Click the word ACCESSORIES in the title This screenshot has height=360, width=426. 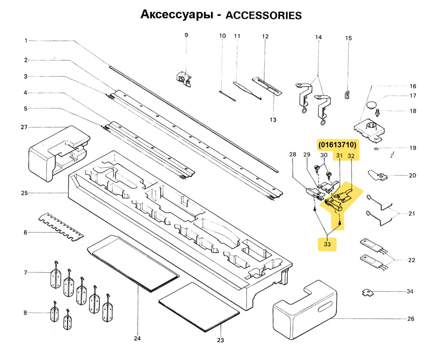[263, 15]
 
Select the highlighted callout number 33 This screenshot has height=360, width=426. [327, 244]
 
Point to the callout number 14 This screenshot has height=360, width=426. [318, 37]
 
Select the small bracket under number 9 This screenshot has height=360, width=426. [183, 78]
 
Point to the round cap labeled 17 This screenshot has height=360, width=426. [373, 103]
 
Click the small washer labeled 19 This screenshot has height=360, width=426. [376, 148]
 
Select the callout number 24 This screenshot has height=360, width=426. [137, 338]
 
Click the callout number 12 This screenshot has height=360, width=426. [265, 37]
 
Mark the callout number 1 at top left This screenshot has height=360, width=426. [26, 41]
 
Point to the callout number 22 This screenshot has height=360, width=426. [411, 260]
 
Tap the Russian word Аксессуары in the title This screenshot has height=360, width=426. [174, 15]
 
